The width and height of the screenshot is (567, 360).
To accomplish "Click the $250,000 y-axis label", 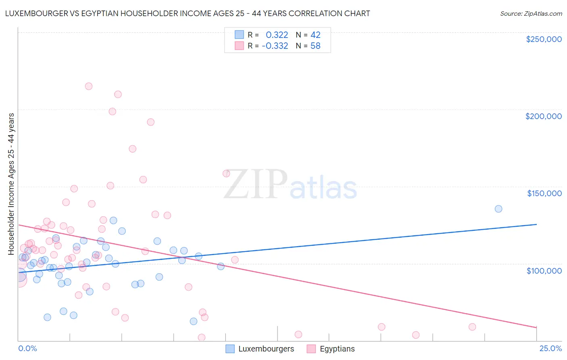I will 544,39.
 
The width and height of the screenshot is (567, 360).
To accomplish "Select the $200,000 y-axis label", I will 543,116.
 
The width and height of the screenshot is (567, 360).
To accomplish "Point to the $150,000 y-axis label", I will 544,193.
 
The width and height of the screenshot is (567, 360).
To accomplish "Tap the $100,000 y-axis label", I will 544,270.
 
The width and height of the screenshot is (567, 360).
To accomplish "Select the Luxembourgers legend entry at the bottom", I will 266,349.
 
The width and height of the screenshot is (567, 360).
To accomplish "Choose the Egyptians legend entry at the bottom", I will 337,349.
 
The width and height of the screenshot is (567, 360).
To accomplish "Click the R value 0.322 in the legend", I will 277,35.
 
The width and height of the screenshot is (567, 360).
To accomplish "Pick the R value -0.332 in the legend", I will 275,46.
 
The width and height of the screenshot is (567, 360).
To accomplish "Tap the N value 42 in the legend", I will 315,35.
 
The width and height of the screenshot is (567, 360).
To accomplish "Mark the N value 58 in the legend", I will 315,46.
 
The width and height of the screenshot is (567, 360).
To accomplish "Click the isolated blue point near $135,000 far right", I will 498,209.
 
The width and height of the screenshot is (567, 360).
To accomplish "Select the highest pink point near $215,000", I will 89,86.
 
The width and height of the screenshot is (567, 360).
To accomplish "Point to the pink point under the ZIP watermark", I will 226,174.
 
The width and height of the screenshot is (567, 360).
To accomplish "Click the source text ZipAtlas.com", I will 531,14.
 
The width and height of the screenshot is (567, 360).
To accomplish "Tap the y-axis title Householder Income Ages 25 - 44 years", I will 11,184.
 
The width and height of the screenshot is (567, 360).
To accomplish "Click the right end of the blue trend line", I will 536,224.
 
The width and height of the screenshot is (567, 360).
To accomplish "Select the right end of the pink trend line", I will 536,327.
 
